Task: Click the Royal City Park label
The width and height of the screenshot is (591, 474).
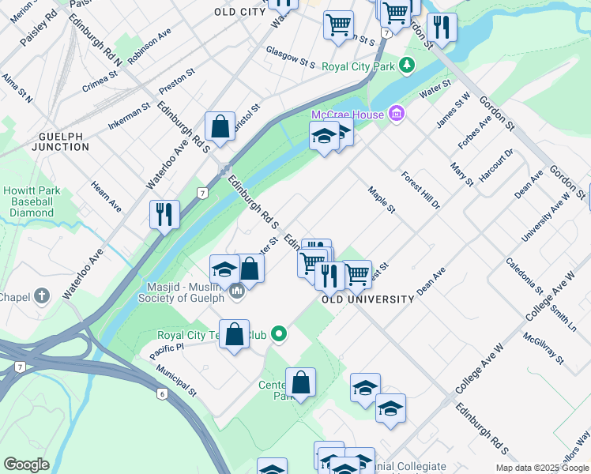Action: tap(358, 66)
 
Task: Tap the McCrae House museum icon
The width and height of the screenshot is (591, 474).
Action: tap(396, 115)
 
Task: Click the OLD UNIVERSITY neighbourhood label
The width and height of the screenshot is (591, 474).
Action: tap(368, 299)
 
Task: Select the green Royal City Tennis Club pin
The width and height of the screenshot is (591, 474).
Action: tap(278, 335)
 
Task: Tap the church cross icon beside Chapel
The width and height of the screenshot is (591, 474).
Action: tap(42, 296)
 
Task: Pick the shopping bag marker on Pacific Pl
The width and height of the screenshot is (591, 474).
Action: tap(235, 334)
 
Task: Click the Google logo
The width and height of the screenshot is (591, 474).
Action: tap(26, 465)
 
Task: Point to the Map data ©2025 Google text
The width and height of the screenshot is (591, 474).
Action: tap(543, 468)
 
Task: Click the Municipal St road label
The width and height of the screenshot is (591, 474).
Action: tap(175, 381)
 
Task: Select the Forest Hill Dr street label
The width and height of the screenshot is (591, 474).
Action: tap(420, 190)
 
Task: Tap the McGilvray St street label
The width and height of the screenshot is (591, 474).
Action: tap(543, 348)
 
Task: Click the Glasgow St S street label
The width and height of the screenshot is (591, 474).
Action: tap(290, 57)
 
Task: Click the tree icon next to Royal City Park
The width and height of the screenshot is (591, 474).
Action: tap(406, 65)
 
